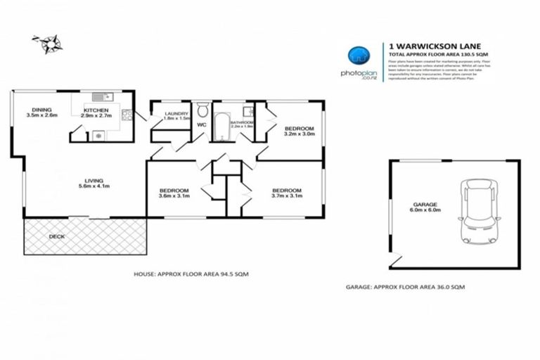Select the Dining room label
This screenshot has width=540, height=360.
point(39,112)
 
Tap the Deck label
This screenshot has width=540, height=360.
point(56,236)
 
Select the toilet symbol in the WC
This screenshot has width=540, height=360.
point(202,110)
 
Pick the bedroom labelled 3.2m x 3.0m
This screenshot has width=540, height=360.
point(299,131)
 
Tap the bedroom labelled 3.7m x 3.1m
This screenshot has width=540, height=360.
point(287,193)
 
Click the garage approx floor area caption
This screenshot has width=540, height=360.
point(405,287)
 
